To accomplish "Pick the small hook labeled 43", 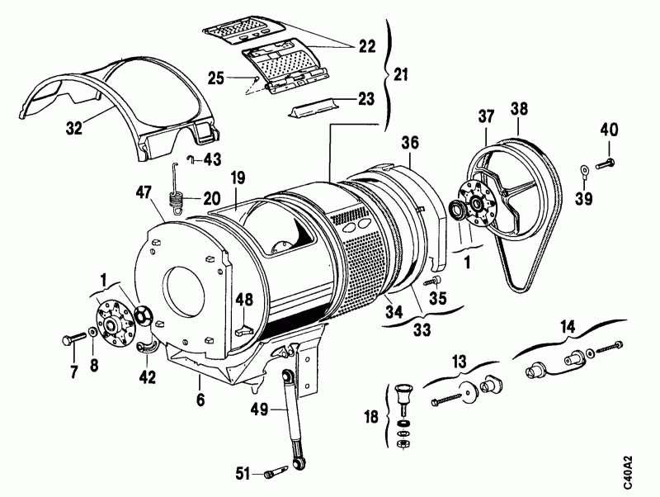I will point(189,159).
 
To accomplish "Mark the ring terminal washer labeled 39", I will point(583,172).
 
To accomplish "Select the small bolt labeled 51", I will point(275,474).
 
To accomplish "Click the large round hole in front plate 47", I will point(186,290).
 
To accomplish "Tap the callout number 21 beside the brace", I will point(402,74).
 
